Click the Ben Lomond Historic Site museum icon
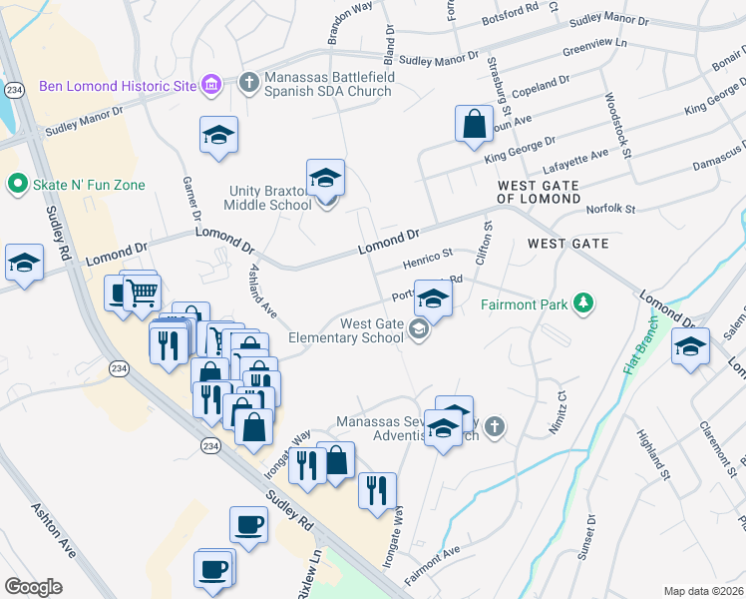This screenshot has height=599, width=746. [x=210, y=85]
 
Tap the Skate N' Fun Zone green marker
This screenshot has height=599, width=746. [x=16, y=185]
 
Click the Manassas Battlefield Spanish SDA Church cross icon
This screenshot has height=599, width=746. [x=247, y=82]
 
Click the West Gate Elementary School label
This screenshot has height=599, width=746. [x=343, y=330]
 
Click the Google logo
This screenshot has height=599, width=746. [x=33, y=586]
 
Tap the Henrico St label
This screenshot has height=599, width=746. [x=428, y=259]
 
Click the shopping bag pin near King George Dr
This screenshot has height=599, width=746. [x=475, y=125]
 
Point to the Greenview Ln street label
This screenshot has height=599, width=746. [x=594, y=46]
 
